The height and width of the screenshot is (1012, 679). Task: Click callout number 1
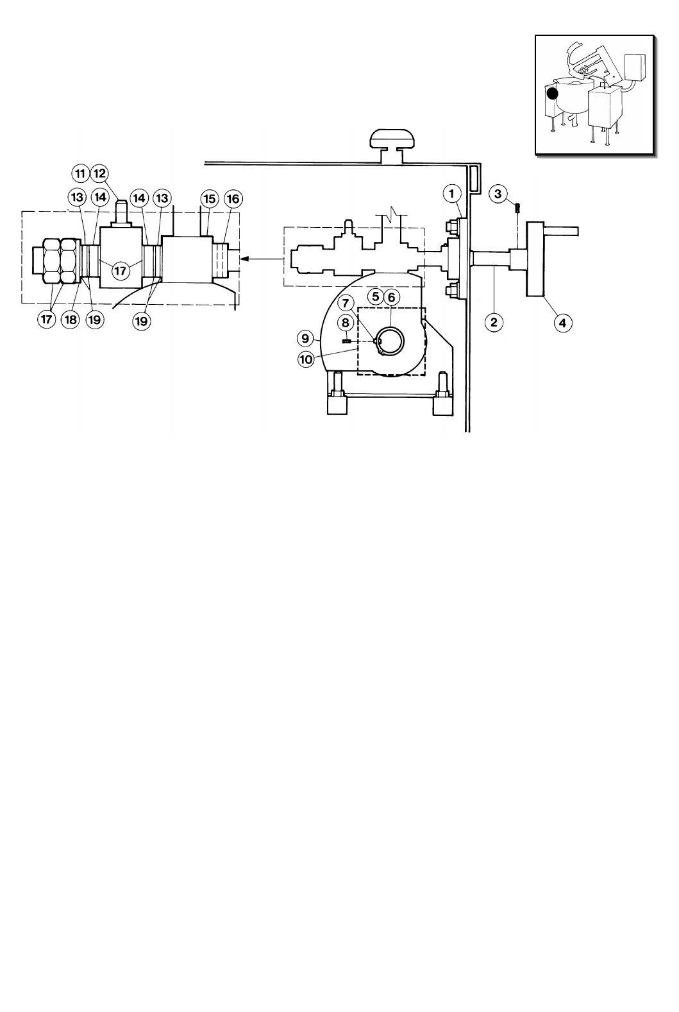451,194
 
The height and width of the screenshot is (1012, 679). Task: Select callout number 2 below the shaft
494,322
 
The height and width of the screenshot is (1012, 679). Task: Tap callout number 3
498,194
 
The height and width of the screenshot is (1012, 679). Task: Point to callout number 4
562,323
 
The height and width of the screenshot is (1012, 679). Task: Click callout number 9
305,338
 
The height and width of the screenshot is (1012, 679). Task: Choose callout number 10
306,359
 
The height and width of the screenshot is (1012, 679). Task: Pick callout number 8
346,323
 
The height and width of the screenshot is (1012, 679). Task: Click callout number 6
391,297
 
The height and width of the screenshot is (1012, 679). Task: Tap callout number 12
99,173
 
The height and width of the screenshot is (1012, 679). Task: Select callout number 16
233,198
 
